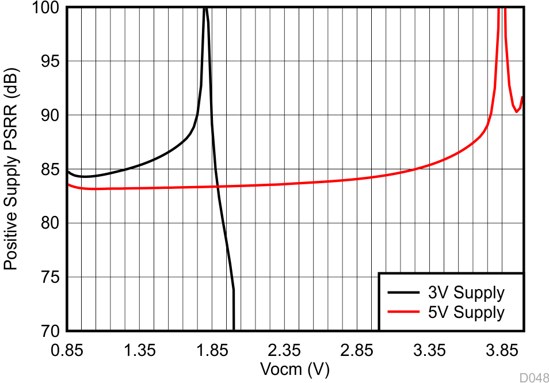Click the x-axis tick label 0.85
tap(67, 350)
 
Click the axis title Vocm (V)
tap(295, 369)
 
